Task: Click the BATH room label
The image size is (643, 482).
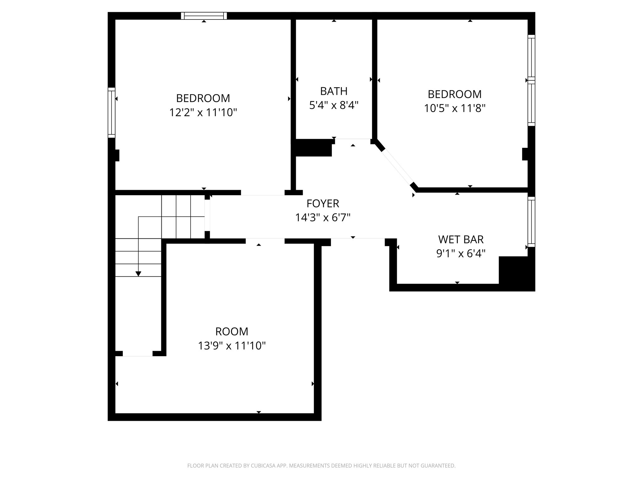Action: (x=334, y=91)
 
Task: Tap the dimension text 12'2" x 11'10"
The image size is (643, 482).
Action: (x=203, y=112)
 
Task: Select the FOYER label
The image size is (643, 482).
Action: (x=323, y=203)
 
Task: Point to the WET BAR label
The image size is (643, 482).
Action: (x=461, y=239)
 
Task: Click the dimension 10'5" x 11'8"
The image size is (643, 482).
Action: (x=455, y=108)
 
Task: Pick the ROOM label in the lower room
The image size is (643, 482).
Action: (x=232, y=331)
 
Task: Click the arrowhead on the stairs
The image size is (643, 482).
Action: (x=138, y=274)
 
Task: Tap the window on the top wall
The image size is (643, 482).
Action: (x=204, y=16)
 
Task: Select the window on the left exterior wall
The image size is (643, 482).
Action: (x=111, y=112)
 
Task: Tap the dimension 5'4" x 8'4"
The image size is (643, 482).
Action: (x=334, y=105)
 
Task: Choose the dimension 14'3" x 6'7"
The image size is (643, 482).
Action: (x=323, y=217)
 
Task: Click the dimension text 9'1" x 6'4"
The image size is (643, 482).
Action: (x=461, y=253)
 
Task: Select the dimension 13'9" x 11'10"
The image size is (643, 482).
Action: (x=232, y=346)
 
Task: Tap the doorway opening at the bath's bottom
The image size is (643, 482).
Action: (x=353, y=139)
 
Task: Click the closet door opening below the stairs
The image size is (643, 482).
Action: (x=138, y=354)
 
